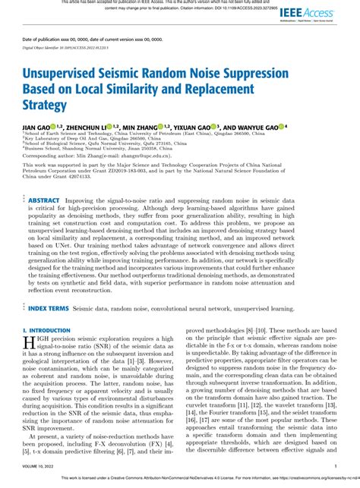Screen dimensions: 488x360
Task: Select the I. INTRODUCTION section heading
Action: (x=47, y=331)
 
